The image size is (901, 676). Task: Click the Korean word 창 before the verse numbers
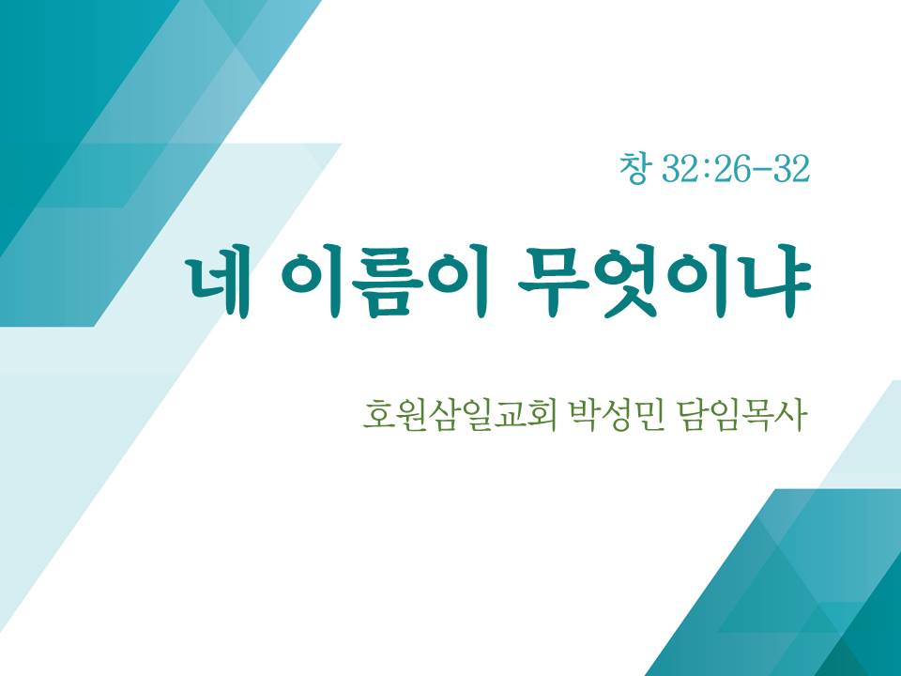[635, 169]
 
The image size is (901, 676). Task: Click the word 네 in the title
[220, 287]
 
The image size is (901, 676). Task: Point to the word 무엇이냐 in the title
[664, 286]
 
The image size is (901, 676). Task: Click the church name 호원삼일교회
[460, 415]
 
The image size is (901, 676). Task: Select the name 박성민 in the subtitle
[616, 415]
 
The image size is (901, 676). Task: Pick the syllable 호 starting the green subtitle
[378, 416]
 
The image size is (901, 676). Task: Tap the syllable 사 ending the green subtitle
[789, 415]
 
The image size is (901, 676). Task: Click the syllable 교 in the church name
[509, 416]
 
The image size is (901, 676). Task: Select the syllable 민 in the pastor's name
[649, 416]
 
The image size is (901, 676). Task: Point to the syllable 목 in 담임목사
[757, 416]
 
